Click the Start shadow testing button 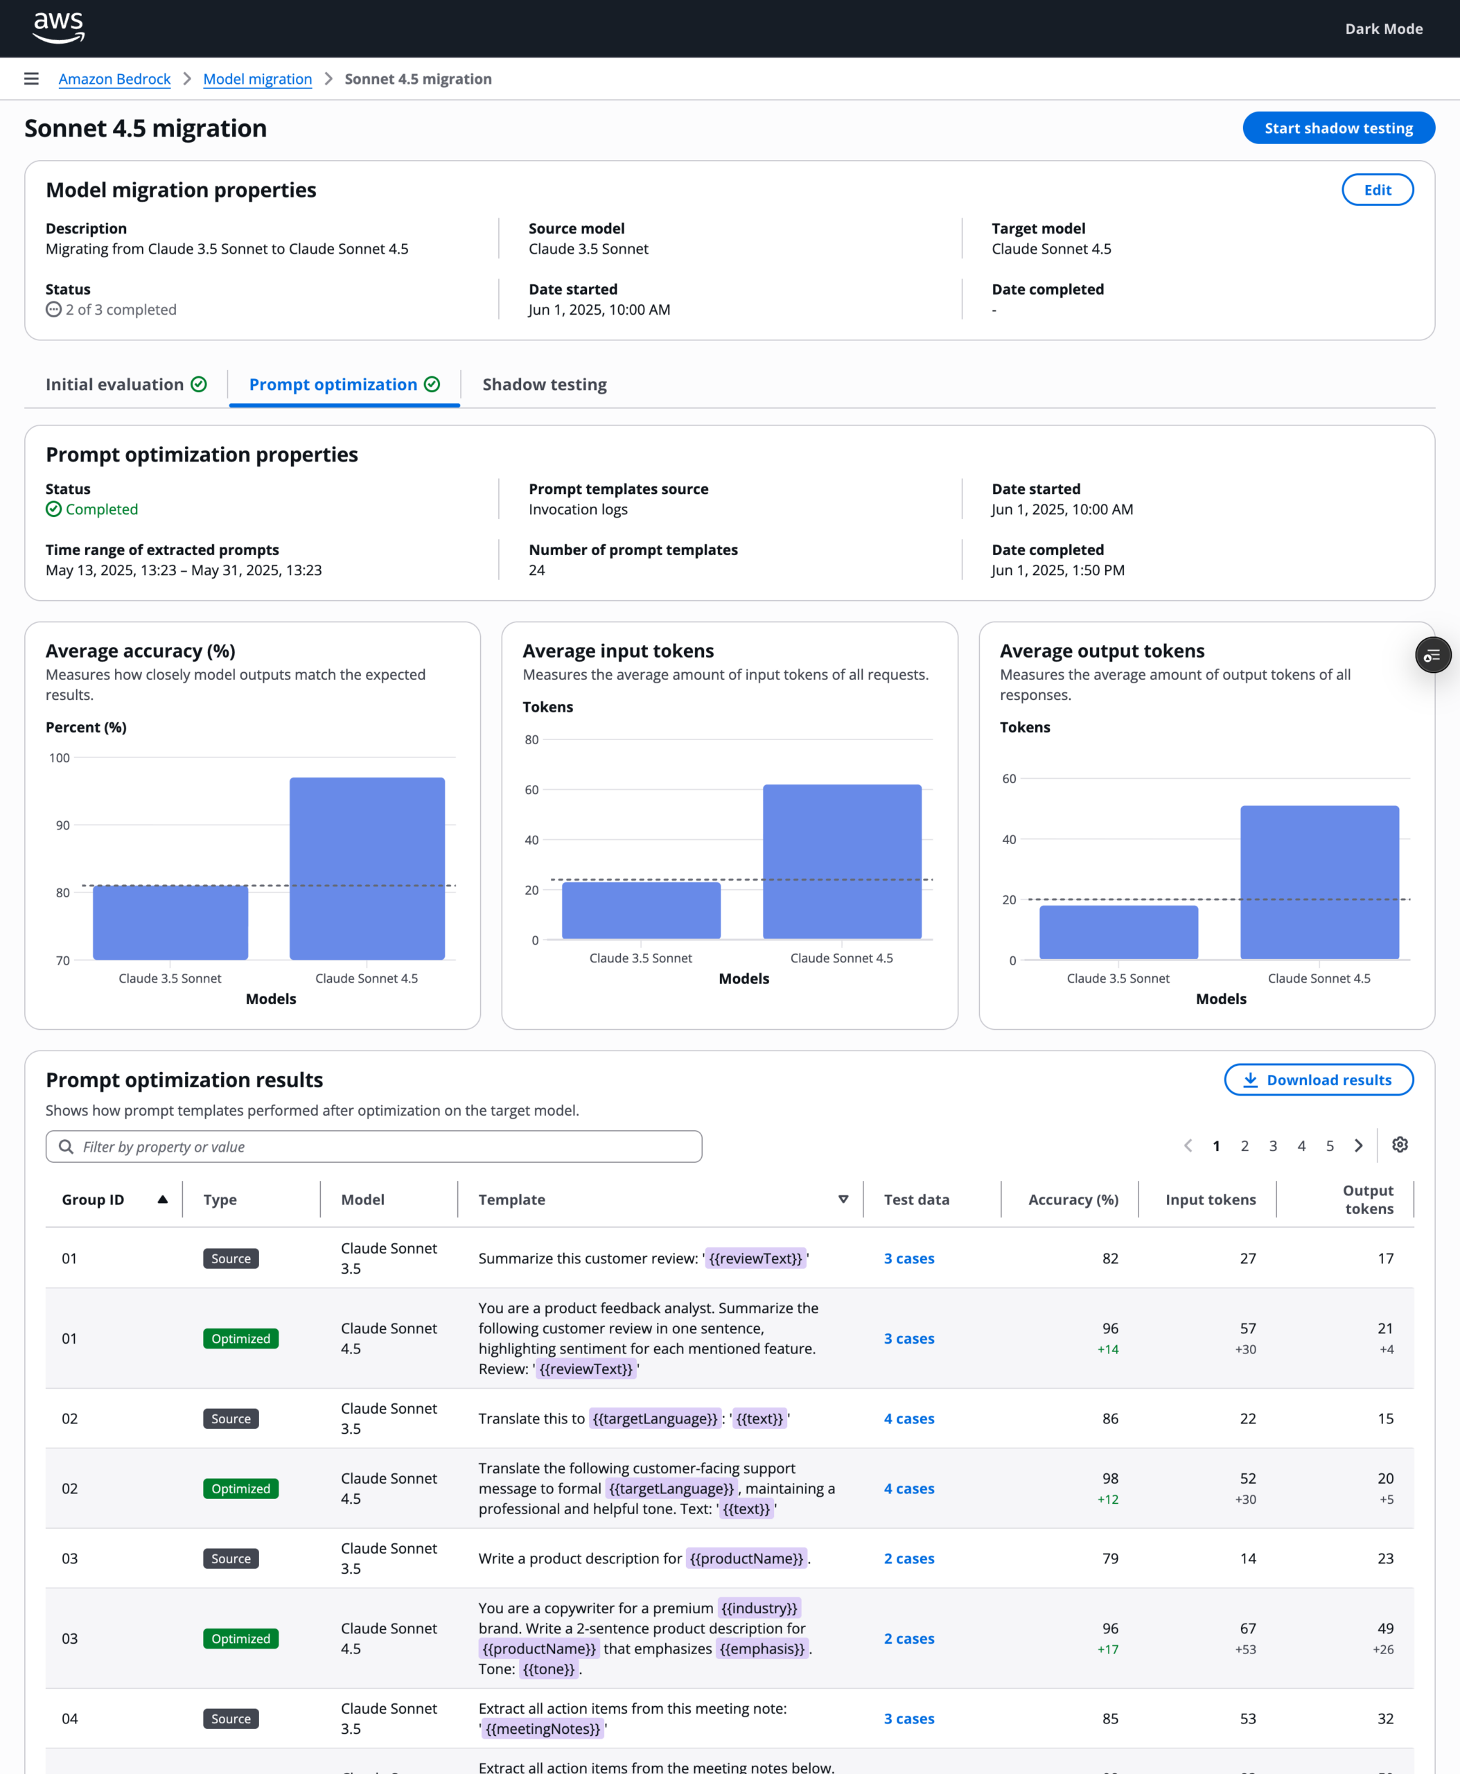click(1338, 128)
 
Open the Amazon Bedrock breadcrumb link click(114, 79)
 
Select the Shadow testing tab click(544, 385)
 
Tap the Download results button click(1318, 1080)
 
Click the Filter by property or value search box click(373, 1146)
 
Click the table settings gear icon click(1400, 1145)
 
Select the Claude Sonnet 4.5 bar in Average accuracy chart click(367, 868)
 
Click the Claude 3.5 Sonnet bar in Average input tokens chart click(641, 910)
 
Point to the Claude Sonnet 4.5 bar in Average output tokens click(1319, 882)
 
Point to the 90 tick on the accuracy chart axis click(63, 825)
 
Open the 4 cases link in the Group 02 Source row click(908, 1419)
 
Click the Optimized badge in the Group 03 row click(240, 1639)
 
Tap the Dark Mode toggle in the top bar click(1384, 28)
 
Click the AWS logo click(58, 28)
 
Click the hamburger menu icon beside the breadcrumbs click(31, 79)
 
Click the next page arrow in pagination click(1357, 1145)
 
